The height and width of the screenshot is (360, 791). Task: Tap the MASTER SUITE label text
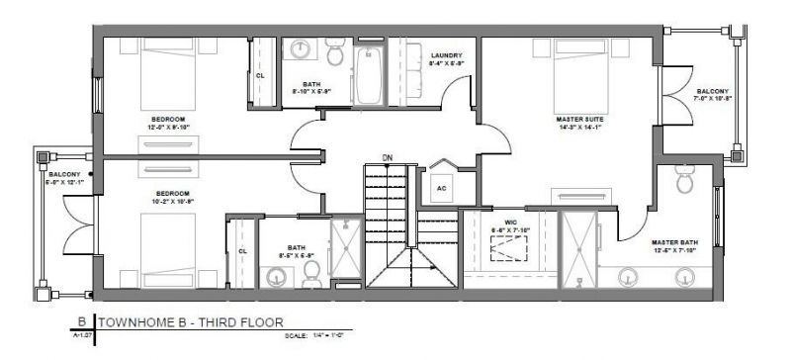[x=580, y=118]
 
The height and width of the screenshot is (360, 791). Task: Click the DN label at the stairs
[x=388, y=157]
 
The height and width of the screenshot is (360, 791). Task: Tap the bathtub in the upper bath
[x=368, y=74]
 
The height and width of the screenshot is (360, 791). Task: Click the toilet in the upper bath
[x=334, y=54]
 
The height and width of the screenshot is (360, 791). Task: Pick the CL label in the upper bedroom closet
[x=261, y=74]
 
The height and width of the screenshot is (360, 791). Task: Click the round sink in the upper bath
[x=302, y=50]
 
